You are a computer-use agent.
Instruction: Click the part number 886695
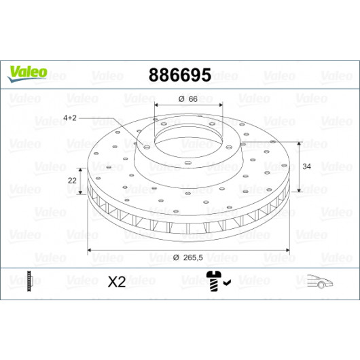[x=180, y=75]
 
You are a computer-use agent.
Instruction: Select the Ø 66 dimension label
[x=187, y=99]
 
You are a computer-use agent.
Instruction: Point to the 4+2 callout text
[x=70, y=118]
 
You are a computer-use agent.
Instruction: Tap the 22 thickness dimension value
[x=72, y=181]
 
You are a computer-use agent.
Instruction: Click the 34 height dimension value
[x=306, y=166]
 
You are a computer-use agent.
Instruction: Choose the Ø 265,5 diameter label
[x=188, y=257]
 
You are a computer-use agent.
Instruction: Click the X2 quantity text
[x=117, y=282]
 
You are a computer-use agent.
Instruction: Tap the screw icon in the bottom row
[x=214, y=281]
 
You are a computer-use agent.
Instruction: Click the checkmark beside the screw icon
[x=228, y=283]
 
